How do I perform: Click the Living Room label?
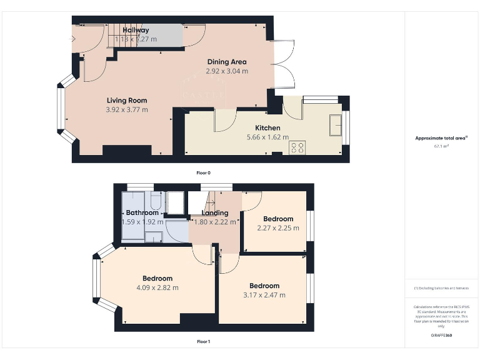pos(127,100)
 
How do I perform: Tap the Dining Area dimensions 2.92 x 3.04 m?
pos(227,71)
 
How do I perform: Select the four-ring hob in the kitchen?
pos(297,147)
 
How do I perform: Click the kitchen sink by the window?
pos(336,124)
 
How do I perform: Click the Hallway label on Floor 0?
pos(136,30)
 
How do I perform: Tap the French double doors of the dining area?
pos(286,64)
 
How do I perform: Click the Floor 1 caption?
pos(204,341)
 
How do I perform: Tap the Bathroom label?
pos(142,212)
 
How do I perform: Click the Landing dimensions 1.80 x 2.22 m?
pos(214,221)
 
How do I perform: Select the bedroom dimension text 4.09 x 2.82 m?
pos(157,287)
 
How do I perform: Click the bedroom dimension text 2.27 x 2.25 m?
pos(278,227)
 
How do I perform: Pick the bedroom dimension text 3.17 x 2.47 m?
pos(264,295)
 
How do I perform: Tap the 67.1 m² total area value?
pos(441,146)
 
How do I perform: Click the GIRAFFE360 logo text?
pos(441,336)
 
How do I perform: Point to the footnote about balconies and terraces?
pos(441,288)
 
